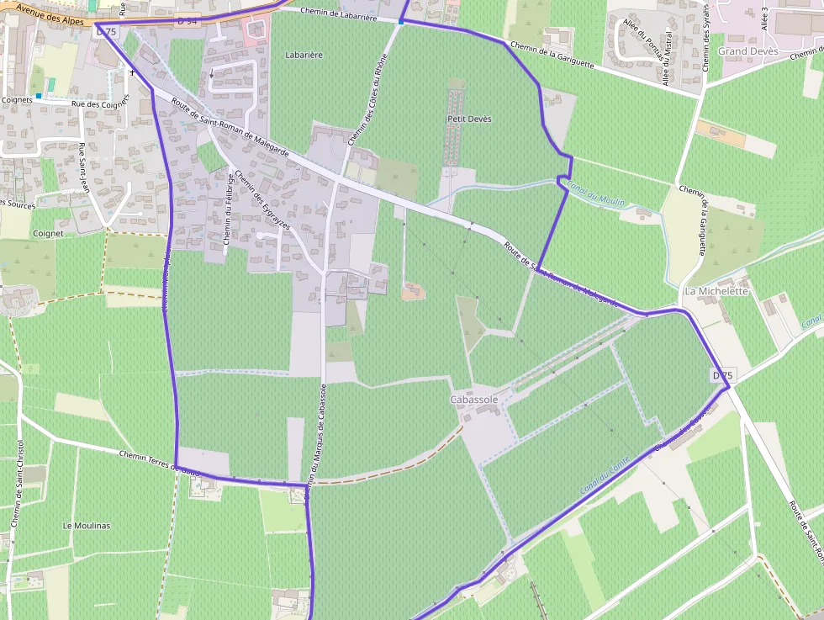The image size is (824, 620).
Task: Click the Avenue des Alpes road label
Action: (x=50, y=13)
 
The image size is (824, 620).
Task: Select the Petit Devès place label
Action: (x=469, y=119)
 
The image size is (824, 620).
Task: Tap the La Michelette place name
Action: (x=716, y=291)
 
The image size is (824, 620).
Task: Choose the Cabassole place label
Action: (x=474, y=400)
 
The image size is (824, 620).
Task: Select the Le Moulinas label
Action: (x=87, y=525)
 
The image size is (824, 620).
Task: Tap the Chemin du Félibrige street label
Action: (x=229, y=209)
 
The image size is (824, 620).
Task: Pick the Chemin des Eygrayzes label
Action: (x=262, y=202)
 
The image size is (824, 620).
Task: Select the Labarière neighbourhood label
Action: (x=304, y=55)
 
